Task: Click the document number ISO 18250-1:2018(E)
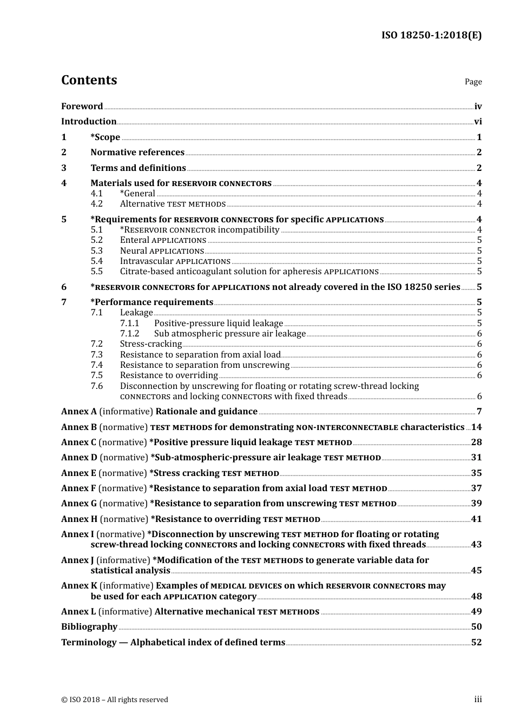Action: [431, 36]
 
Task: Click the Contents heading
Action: [89, 80]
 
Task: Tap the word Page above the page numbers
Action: [473, 82]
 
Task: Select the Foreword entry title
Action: [82, 107]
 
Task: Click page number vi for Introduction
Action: [478, 122]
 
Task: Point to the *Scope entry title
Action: [106, 137]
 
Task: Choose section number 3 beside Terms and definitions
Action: [64, 168]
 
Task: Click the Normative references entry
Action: [137, 153]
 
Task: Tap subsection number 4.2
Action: [96, 204]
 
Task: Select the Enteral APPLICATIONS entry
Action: [163, 240]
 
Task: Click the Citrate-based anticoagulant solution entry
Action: [249, 272]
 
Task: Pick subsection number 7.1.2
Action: [129, 334]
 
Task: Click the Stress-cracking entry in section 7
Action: [150, 344]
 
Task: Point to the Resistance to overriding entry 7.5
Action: [169, 375]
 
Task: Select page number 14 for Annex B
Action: [476, 427]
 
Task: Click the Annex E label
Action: [78, 473]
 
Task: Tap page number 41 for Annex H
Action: [476, 519]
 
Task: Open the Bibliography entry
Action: [89, 627]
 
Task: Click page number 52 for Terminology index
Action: [476, 643]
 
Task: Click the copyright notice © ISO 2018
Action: [115, 700]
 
